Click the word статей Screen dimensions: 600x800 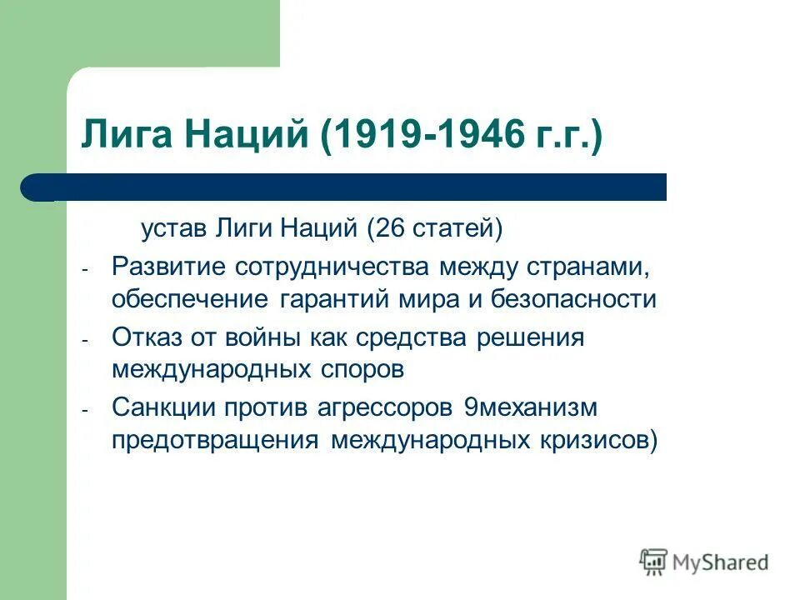pyautogui.click(x=456, y=227)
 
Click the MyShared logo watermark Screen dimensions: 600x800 pyautogui.click(x=704, y=562)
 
